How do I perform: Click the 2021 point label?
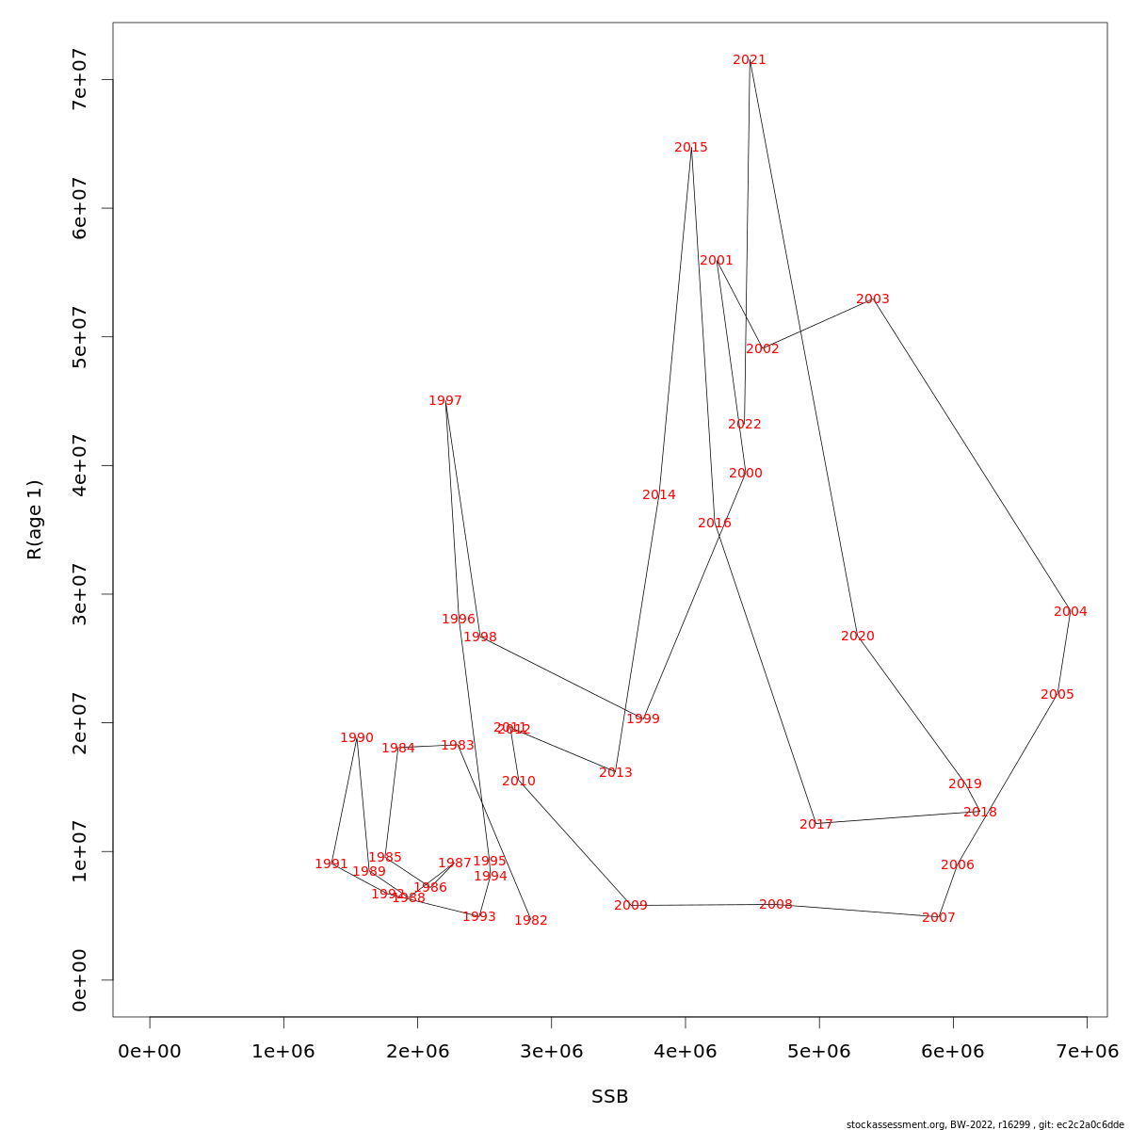pyautogui.click(x=750, y=60)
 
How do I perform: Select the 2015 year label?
pyautogui.click(x=691, y=148)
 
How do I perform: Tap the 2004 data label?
pyautogui.click(x=1071, y=612)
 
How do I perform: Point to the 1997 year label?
pyautogui.click(x=445, y=401)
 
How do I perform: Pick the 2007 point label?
pyautogui.click(x=939, y=918)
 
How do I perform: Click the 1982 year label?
pyautogui.click(x=531, y=921)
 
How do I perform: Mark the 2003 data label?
pyautogui.click(x=873, y=299)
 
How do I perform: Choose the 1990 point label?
pyautogui.click(x=357, y=738)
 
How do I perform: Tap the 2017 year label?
pyautogui.click(x=816, y=825)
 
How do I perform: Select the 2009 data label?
pyautogui.click(x=631, y=906)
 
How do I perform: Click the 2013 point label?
pyautogui.click(x=616, y=773)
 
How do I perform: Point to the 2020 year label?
pyautogui.click(x=858, y=637)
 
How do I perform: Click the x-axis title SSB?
pyautogui.click(x=609, y=1097)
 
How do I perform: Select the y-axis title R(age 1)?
pyautogui.click(x=35, y=520)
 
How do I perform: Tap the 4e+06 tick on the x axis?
pyautogui.click(x=686, y=1051)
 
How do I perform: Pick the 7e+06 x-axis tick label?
pyautogui.click(x=1087, y=1051)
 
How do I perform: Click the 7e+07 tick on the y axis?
pyautogui.click(x=79, y=80)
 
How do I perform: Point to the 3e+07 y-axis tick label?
pyautogui.click(x=79, y=594)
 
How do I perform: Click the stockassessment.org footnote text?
pyautogui.click(x=985, y=1124)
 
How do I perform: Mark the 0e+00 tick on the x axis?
pyautogui.click(x=150, y=1051)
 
